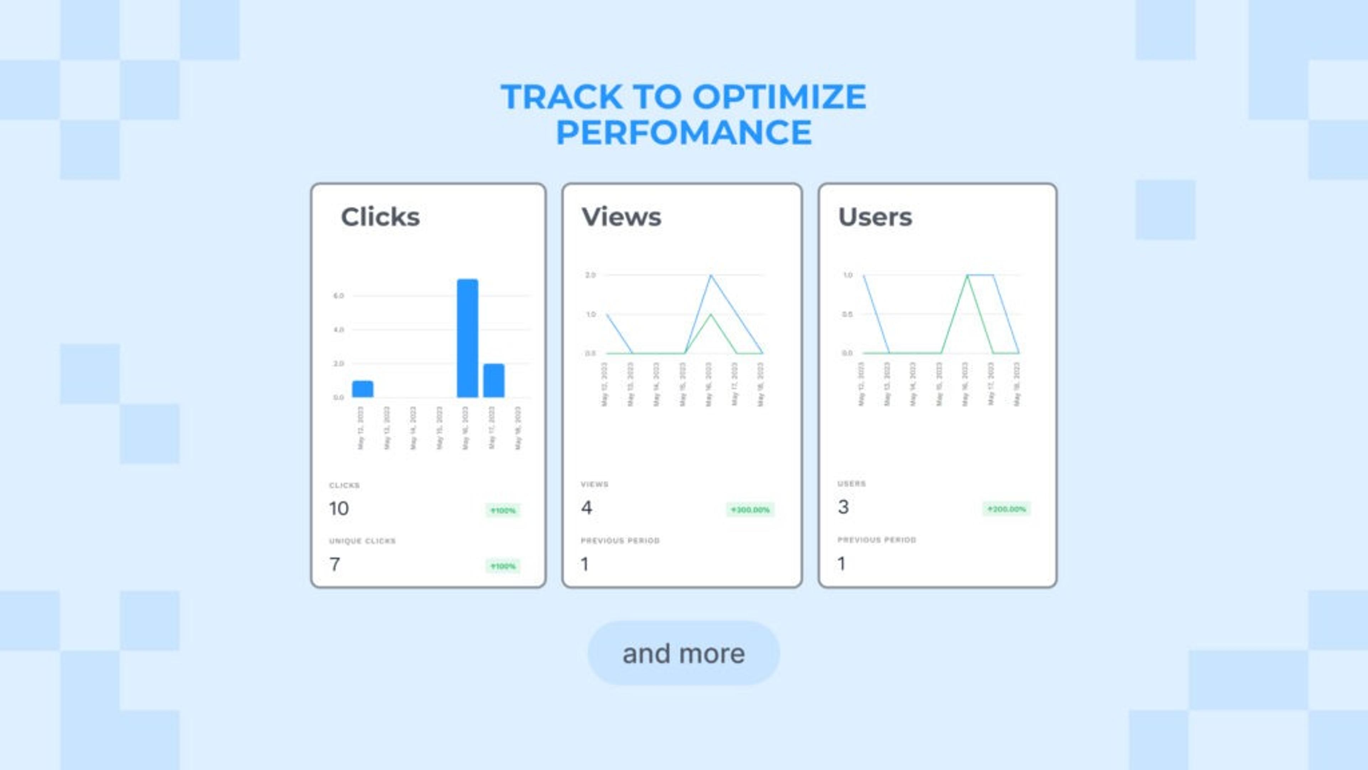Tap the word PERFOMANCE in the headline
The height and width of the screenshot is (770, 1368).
pos(684,132)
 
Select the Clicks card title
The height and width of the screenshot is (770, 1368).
pos(380,217)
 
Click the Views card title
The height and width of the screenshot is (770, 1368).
pos(621,217)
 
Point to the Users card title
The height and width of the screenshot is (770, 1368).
pos(875,217)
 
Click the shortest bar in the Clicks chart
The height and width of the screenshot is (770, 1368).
pos(363,389)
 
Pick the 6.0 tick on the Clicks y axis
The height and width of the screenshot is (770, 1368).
pos(338,296)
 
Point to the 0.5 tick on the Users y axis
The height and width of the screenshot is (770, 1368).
pos(847,314)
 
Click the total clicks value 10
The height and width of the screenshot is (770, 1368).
pos(339,509)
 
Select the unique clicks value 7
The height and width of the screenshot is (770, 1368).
pos(335,564)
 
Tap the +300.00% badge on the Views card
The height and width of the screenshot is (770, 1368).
pos(750,510)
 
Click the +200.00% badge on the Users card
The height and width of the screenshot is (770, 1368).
pos(1006,509)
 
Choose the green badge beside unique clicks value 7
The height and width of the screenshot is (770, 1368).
pos(502,566)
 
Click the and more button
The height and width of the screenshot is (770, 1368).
pos(684,653)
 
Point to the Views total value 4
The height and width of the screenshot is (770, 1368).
pos(586,508)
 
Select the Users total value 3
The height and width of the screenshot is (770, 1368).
pos(843,507)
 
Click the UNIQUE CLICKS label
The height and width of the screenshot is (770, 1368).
pos(362,541)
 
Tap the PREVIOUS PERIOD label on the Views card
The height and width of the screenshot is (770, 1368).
pos(620,540)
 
